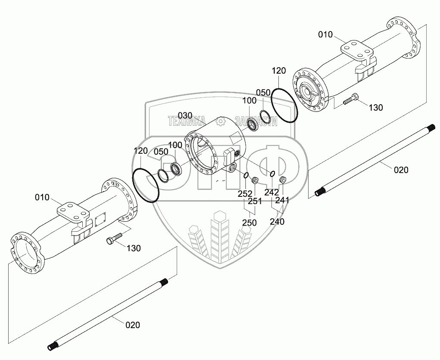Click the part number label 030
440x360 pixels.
185,115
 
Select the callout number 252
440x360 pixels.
245,194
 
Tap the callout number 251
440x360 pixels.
255,201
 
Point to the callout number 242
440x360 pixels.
272,192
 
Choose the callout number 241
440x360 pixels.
282,200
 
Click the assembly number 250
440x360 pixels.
249,223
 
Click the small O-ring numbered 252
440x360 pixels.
246,175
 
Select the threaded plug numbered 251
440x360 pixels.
255,180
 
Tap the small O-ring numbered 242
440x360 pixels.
272,174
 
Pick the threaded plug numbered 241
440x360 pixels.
283,179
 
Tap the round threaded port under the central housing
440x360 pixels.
232,168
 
